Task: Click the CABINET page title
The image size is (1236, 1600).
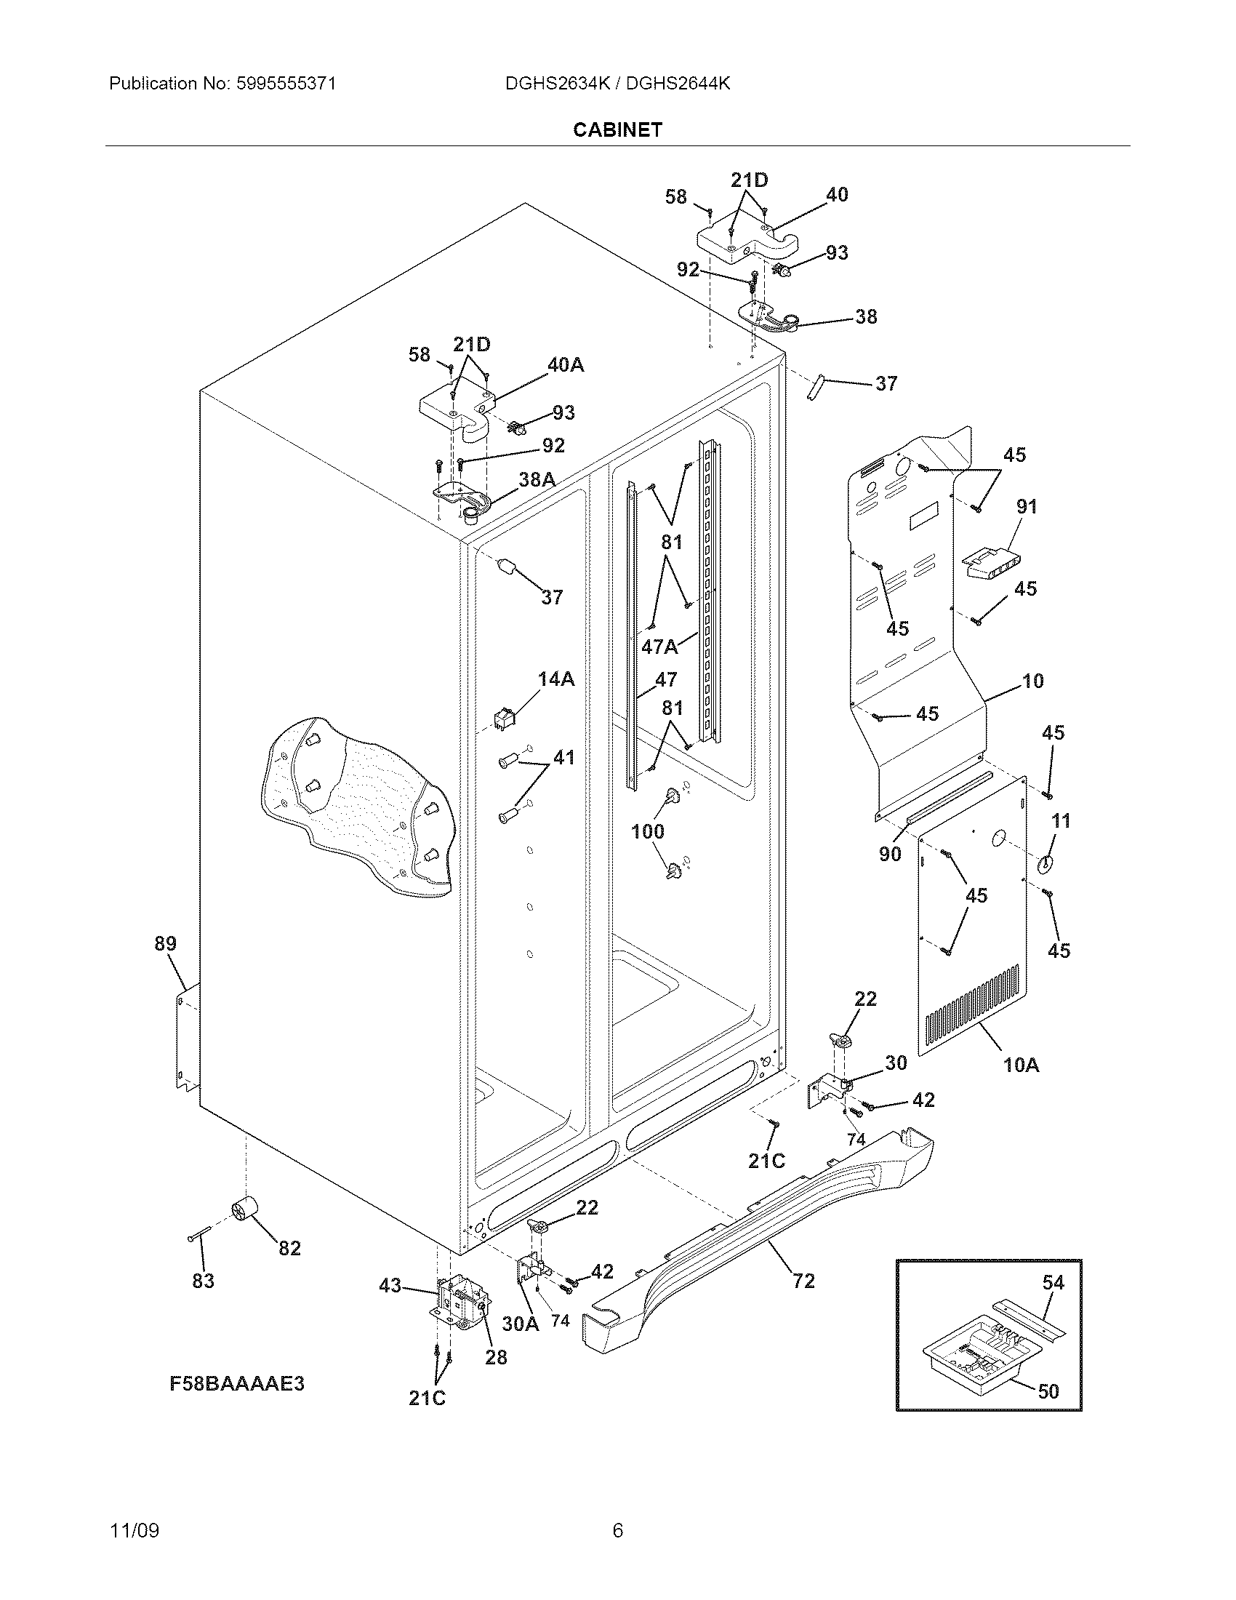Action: (x=617, y=129)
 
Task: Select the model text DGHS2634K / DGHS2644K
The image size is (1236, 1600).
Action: (x=617, y=84)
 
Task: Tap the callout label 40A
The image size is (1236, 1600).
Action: (x=565, y=364)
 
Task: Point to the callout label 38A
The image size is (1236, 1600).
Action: (x=537, y=480)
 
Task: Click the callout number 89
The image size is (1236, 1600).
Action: (x=166, y=943)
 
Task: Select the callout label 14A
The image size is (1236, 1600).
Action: (x=556, y=679)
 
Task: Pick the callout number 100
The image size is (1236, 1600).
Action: (x=647, y=831)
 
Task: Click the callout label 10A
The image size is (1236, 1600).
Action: (x=1021, y=1065)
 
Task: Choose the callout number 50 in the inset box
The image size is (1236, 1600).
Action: (x=1048, y=1391)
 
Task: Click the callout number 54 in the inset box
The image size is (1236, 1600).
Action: (x=1053, y=1282)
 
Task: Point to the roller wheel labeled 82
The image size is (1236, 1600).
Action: (x=244, y=1212)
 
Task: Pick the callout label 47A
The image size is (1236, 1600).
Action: (x=659, y=646)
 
